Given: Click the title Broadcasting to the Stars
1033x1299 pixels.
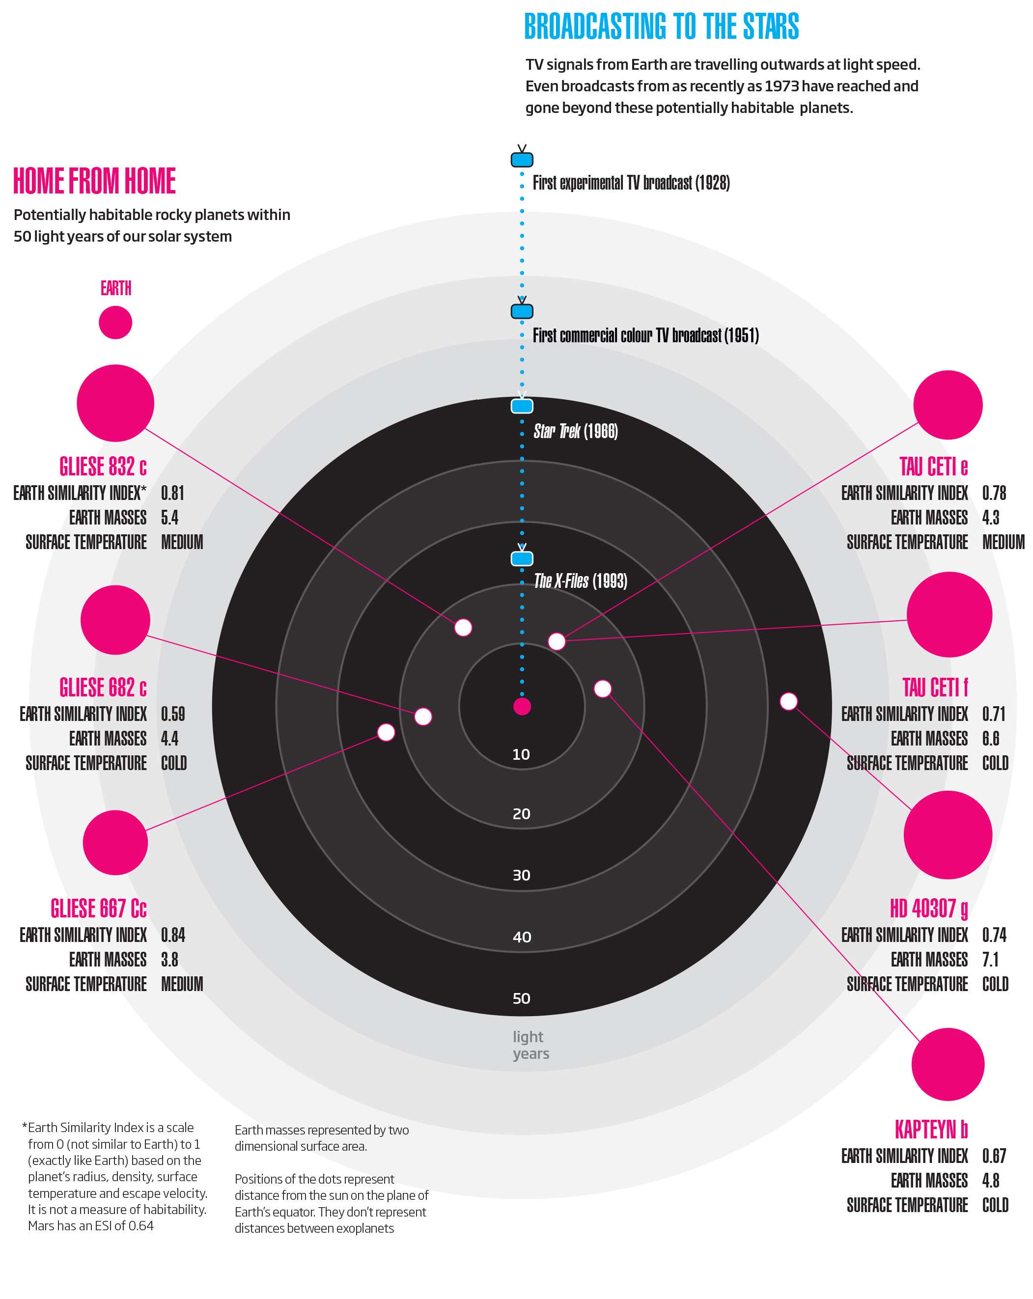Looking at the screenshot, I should pos(661,27).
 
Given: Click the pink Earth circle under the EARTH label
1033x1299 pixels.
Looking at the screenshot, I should pos(115,322).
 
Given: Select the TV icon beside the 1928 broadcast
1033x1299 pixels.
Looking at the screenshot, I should pos(522,159).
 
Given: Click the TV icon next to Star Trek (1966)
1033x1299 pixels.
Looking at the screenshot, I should pos(522,406).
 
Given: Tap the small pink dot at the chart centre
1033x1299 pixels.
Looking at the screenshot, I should pos(522,706).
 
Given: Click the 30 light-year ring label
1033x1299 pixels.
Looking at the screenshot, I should pos(521,875).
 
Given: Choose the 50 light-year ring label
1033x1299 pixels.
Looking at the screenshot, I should pos(521,998).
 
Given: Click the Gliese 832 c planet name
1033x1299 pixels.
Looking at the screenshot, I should pos(103,467).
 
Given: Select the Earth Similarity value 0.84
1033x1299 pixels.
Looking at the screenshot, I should pos(172,935).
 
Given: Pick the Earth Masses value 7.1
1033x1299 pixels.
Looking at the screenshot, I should pos(990,959).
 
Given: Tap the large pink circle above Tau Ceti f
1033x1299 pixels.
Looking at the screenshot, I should pos(949,614).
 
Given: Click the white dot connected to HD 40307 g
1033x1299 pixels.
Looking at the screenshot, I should pos(788,701).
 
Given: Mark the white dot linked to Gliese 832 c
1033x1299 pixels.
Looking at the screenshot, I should pos(463,627).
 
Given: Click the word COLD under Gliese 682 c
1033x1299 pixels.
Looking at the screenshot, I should pos(173,763).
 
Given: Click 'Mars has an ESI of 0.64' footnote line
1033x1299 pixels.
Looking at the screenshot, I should pos(90,1225).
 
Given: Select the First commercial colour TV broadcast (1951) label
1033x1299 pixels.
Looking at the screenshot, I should pos(645,335).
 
